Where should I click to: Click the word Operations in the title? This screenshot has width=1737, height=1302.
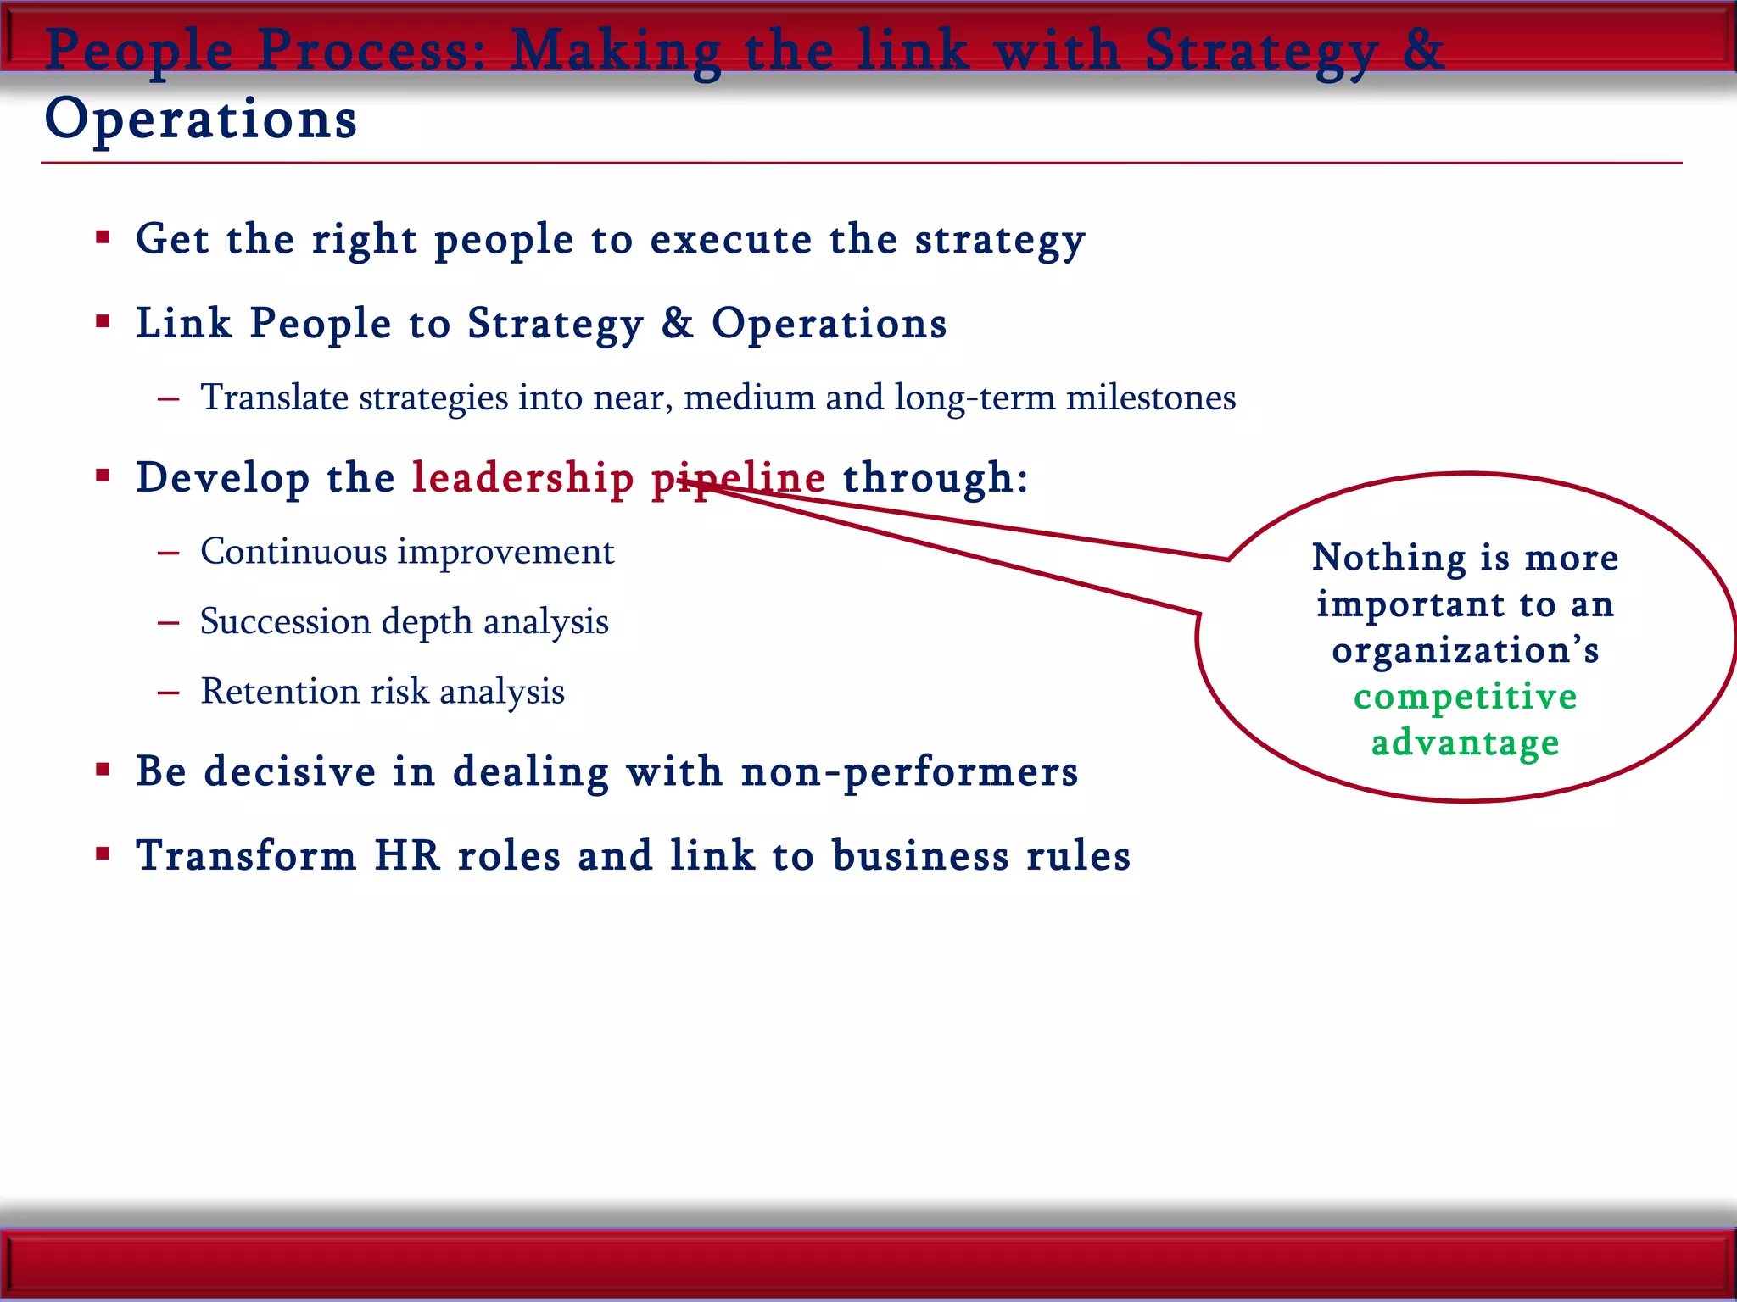coord(200,119)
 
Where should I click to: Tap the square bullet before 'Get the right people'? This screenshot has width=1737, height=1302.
coord(103,238)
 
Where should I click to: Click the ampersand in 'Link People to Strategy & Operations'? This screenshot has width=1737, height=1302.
coord(677,323)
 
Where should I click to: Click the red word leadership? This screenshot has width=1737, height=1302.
coord(522,478)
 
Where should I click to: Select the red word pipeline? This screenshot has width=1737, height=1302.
coord(738,478)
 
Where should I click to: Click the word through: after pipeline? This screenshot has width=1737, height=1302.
coord(935,478)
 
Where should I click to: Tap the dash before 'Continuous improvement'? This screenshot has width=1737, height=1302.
coord(168,553)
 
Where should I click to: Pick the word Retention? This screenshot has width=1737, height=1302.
coord(279,691)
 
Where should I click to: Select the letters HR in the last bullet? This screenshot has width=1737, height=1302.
coord(407,855)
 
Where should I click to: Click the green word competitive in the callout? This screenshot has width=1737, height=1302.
coord(1465,697)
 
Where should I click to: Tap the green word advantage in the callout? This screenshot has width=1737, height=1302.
coord(1465,743)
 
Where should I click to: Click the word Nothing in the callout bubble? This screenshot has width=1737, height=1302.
coord(1388,558)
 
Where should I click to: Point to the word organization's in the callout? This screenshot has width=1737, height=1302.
coord(1465,650)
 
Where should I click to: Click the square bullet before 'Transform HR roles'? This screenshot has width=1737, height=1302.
coord(103,854)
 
